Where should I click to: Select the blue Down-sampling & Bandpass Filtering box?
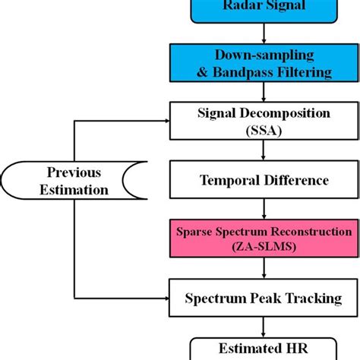263,63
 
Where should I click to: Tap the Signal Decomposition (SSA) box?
263,122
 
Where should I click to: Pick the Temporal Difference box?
263,181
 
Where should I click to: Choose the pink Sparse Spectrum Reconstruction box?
263,239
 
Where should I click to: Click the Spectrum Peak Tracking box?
263,298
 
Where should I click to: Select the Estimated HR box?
263,350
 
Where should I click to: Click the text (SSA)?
263,130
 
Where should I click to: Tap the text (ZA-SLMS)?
263,248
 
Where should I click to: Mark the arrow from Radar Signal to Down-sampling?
263,33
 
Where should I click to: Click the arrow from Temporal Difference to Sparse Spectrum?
263,210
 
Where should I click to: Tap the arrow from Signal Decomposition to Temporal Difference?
263,151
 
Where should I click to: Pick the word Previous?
74,172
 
